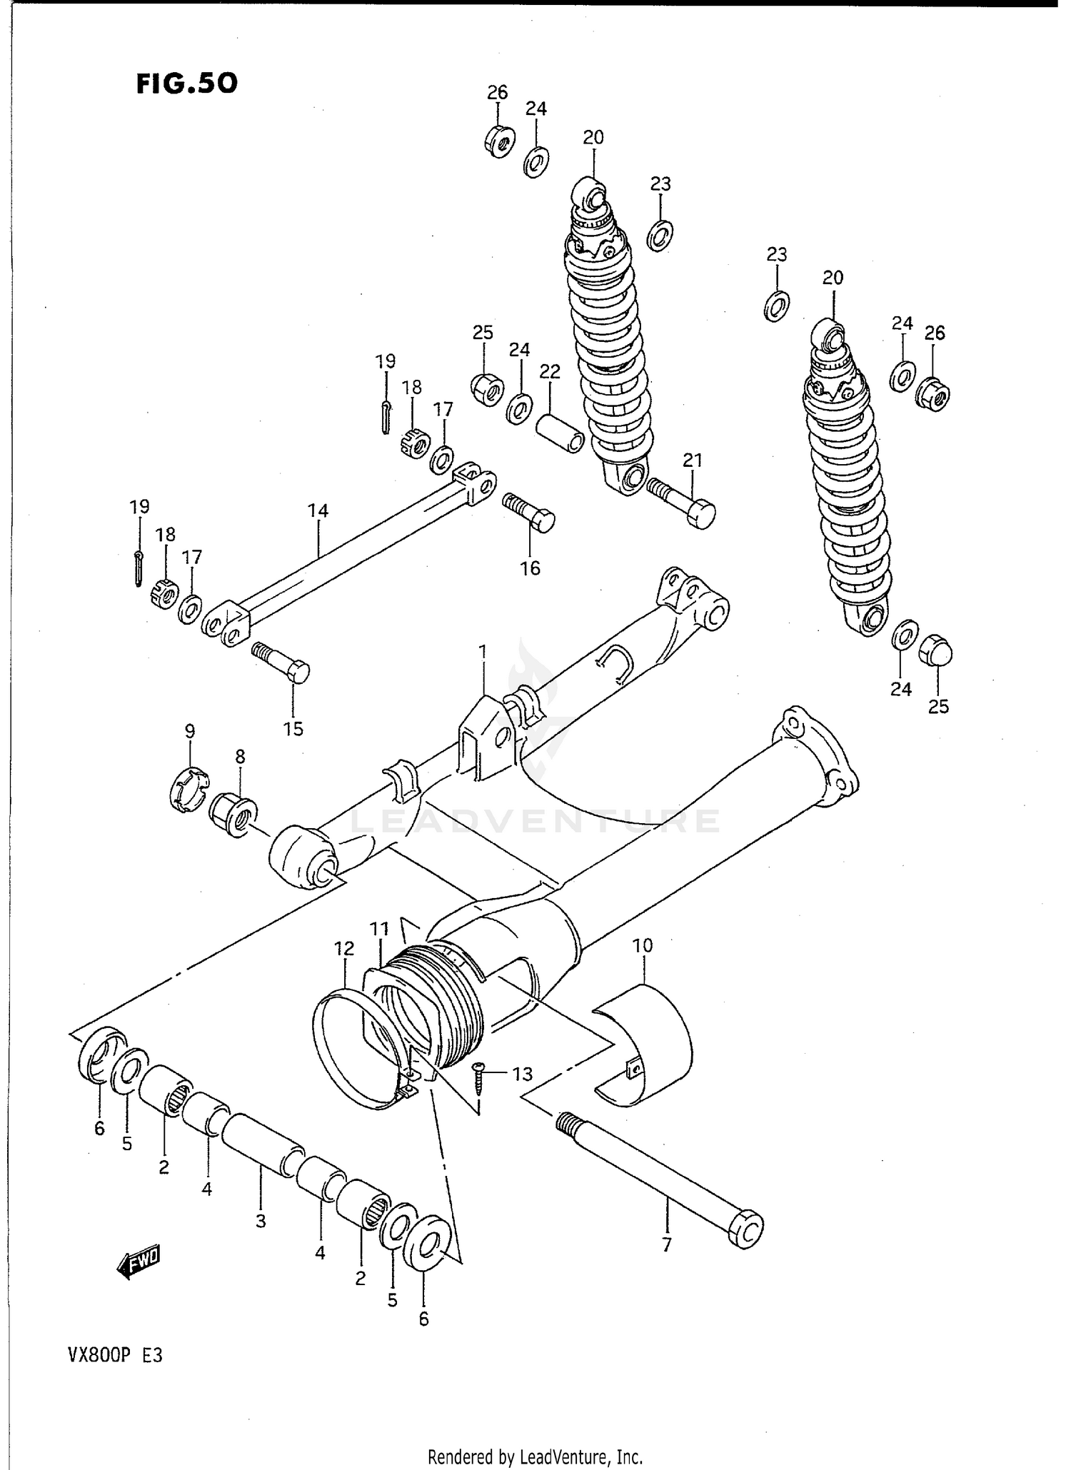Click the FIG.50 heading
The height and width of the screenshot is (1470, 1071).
tap(187, 84)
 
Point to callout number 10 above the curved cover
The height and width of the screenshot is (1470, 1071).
tap(643, 945)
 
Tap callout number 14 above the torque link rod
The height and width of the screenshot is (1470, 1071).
tap(318, 510)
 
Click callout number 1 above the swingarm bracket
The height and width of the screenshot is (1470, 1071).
tap(483, 651)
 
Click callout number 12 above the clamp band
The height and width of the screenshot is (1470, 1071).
tap(344, 949)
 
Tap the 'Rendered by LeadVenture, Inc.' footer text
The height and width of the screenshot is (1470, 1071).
tap(535, 1456)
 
